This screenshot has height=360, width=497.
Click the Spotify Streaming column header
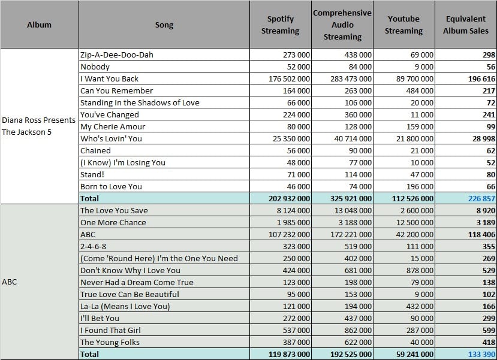point(280,25)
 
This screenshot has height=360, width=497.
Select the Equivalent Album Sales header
point(466,25)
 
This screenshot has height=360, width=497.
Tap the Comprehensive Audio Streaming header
point(342,25)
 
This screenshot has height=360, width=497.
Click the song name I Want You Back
point(109,79)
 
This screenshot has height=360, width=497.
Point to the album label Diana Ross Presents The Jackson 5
point(39,126)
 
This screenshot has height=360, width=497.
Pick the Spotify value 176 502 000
point(289,79)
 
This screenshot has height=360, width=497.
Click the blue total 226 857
point(481,198)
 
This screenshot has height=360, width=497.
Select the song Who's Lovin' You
point(111,139)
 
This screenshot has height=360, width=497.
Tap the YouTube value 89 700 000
point(415,79)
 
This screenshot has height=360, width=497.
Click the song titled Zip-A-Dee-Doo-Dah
point(117,55)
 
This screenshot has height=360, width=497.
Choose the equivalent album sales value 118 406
point(481,235)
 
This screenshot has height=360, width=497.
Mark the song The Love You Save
point(114,211)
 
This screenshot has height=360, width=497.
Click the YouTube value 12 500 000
point(415,223)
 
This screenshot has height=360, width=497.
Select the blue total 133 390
point(481,354)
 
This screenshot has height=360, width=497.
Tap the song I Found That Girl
point(110,330)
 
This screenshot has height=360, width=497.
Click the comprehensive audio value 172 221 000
point(351,235)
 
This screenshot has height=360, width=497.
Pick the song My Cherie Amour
point(113,126)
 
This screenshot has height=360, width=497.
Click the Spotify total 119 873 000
point(289,354)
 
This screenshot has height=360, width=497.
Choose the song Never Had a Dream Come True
point(137,282)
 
